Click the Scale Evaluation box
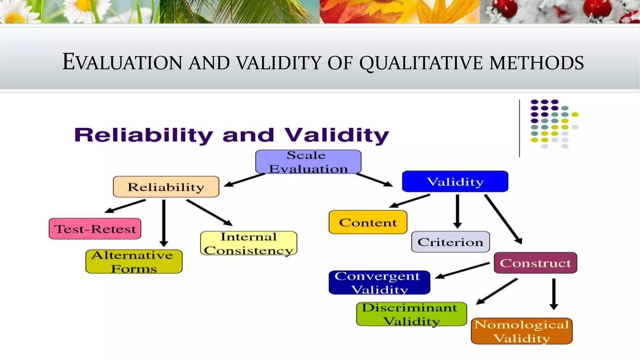[308, 162]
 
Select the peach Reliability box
[166, 187]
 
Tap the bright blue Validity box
[455, 181]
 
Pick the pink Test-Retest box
[95, 229]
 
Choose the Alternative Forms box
[134, 262]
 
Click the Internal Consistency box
[248, 243]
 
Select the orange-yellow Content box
[368, 222]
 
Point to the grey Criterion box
[450, 242]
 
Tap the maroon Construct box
[535, 263]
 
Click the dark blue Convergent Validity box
[379, 282]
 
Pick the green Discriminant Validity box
[411, 314]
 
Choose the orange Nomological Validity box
[522, 331]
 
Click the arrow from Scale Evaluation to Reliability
[244, 180]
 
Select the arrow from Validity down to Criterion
[457, 211]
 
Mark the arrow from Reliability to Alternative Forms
[164, 222]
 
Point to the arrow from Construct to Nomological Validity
[554, 293]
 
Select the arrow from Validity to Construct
[503, 219]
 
